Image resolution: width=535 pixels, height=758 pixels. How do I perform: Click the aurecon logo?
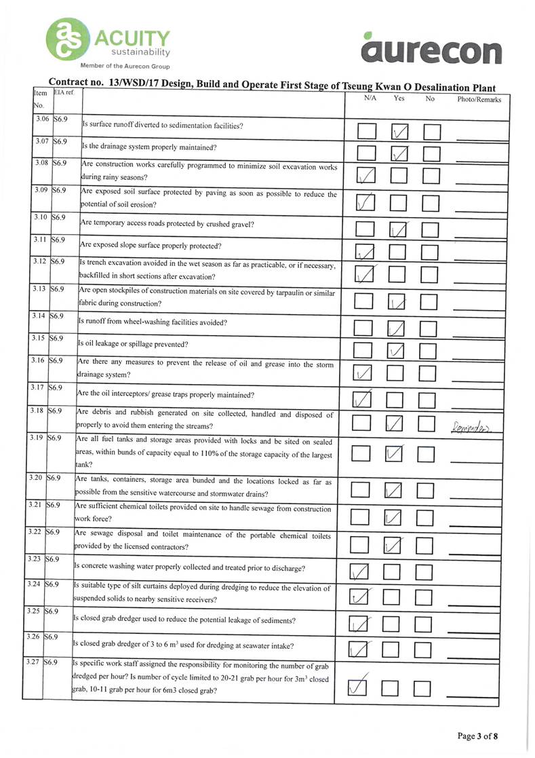click(x=433, y=50)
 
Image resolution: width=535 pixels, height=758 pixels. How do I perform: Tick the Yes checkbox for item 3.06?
click(x=399, y=132)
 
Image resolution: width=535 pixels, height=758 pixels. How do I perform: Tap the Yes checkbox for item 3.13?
click(x=397, y=301)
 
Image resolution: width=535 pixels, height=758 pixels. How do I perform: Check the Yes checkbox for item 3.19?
click(x=396, y=452)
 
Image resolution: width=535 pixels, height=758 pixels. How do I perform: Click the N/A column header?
click(x=370, y=99)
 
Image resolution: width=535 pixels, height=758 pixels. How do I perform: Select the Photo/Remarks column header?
click(x=479, y=100)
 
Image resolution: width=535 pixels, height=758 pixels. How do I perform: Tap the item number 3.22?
click(x=35, y=530)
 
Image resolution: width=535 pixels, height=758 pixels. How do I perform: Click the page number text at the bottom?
click(x=478, y=736)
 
